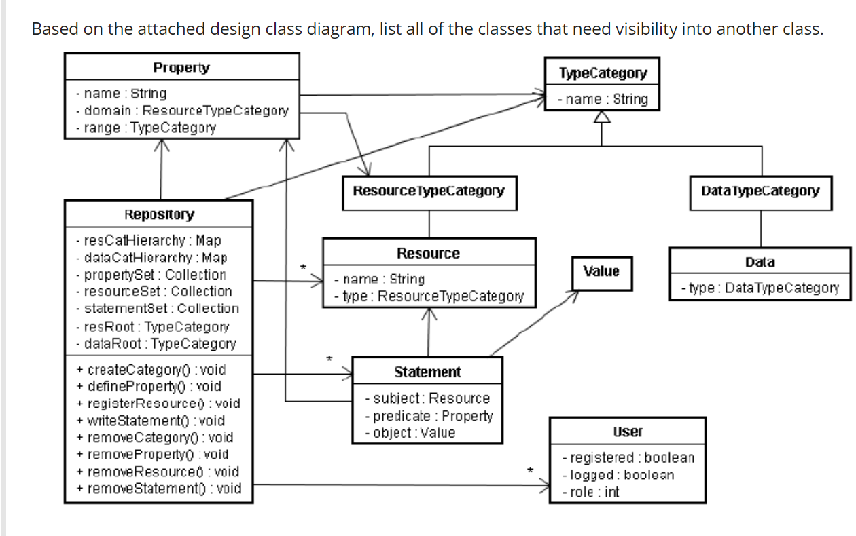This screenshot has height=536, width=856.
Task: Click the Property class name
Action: point(181,67)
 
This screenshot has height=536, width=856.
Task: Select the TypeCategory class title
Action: point(603,73)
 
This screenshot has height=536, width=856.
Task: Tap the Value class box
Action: point(601,271)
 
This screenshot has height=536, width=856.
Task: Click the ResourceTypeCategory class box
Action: point(429,191)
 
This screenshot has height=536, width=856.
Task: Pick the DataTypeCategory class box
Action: point(760,191)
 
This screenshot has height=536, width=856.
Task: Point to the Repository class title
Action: point(159,214)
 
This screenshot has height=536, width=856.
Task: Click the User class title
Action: point(627,432)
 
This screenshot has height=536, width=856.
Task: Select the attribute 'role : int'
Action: point(591,492)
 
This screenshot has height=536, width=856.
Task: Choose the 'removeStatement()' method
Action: point(159,488)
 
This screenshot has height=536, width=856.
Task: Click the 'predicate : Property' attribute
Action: point(429,415)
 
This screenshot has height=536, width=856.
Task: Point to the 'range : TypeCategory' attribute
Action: point(145,128)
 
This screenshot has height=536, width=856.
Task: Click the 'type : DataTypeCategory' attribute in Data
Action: point(760,288)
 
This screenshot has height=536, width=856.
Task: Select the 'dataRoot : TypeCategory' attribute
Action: point(156,343)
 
